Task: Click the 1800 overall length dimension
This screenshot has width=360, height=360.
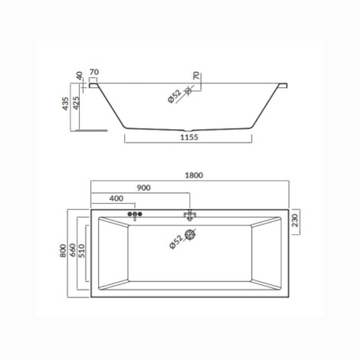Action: click(x=194, y=175)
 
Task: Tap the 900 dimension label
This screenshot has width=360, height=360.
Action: click(x=143, y=188)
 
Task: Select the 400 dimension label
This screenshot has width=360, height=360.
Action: click(x=116, y=198)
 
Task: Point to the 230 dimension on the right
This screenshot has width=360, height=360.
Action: click(x=295, y=221)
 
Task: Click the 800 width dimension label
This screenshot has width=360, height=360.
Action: click(x=63, y=250)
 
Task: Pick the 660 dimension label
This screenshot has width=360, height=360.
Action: click(x=73, y=250)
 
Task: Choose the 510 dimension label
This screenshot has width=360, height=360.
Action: click(x=81, y=250)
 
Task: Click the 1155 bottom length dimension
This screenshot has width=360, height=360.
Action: click(x=189, y=137)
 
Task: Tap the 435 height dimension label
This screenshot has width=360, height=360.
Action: click(x=66, y=103)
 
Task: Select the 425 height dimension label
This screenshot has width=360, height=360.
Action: click(x=76, y=103)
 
